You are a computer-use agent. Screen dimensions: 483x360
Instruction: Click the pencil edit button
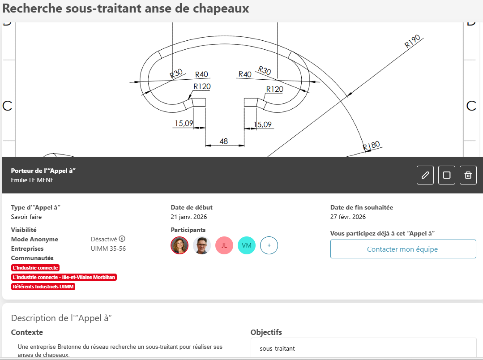[425, 175]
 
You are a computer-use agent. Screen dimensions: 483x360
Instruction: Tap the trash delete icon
[468, 175]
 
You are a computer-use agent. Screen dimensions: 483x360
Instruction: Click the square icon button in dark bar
[447, 175]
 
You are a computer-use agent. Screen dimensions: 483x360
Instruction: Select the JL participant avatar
[224, 245]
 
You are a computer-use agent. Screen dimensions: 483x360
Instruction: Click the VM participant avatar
[247, 245]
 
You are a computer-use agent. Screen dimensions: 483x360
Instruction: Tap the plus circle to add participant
[269, 245]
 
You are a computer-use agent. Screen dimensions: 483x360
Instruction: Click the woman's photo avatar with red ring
[179, 245]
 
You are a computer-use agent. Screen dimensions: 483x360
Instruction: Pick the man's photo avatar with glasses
[202, 245]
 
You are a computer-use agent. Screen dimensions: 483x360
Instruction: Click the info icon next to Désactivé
[122, 239]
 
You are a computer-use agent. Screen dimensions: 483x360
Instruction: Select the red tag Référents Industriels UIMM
[43, 287]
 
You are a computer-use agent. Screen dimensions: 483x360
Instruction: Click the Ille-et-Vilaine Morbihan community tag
[64, 277]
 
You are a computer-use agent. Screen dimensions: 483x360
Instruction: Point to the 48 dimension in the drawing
[224, 141]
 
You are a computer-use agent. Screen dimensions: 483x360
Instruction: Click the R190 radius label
[412, 41]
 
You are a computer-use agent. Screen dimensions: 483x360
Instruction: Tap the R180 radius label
[371, 146]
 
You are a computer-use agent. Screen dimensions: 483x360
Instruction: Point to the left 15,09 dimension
[184, 123]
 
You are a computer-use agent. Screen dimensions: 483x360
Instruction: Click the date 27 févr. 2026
[348, 217]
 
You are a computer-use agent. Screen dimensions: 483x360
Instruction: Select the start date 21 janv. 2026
[189, 217]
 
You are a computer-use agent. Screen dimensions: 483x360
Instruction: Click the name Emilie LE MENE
[32, 180]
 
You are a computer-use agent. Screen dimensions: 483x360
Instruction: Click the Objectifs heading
[266, 332]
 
